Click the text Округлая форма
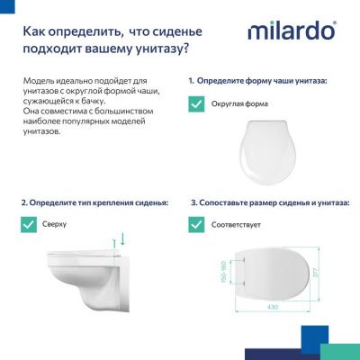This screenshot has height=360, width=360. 240,103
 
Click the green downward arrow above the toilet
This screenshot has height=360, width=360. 122,240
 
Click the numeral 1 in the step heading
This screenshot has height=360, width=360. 191,81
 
